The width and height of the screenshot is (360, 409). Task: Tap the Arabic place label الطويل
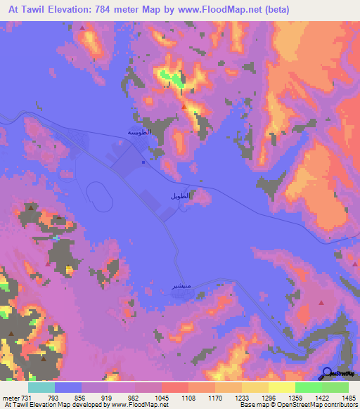pyautogui.click(x=179, y=196)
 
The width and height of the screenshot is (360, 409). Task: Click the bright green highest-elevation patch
pyautogui.click(x=171, y=77)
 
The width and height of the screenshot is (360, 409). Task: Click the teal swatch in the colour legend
pyautogui.click(x=41, y=387)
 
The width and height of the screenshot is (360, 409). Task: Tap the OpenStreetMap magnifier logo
pyautogui.click(x=327, y=372)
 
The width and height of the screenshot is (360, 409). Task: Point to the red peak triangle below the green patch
pyautogui.click(x=184, y=106)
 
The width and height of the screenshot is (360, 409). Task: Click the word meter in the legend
pyautogui.click(x=11, y=398)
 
